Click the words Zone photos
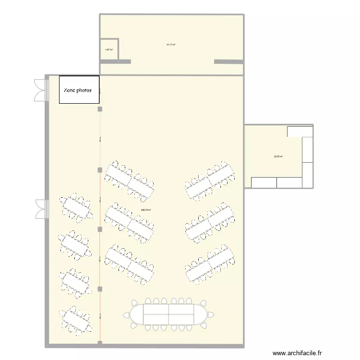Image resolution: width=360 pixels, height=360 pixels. (x=79, y=90)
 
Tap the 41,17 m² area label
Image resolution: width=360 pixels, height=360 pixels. (x=171, y=45)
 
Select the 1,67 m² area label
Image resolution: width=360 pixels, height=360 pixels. (x=108, y=49)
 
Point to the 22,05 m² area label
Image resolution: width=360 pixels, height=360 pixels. (x=278, y=156)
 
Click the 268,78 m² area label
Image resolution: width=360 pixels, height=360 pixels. (x=146, y=210)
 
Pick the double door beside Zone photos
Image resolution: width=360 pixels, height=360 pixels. (x=40, y=90)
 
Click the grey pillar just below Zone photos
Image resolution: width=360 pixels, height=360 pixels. (x=100, y=109)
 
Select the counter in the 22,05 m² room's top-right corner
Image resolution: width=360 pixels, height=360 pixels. (x=300, y=131)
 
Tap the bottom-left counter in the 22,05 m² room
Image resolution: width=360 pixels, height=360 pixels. (x=264, y=182)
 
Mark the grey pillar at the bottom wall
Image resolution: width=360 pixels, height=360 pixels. (x=100, y=343)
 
